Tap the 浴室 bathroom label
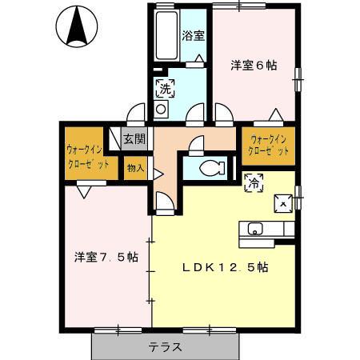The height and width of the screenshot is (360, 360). coord(193,35)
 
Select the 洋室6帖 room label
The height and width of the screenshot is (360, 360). coord(254,66)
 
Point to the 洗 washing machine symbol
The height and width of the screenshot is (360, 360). coord(164,86)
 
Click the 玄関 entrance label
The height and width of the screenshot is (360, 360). coord(134,138)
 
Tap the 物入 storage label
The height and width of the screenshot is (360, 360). coord(134,168)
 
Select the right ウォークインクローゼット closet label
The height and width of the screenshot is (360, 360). coord(269,145)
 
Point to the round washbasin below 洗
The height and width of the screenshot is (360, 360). coord(161,108)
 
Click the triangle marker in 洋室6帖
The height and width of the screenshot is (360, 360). coord(274,114)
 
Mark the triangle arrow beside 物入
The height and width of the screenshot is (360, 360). coord(158,171)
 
